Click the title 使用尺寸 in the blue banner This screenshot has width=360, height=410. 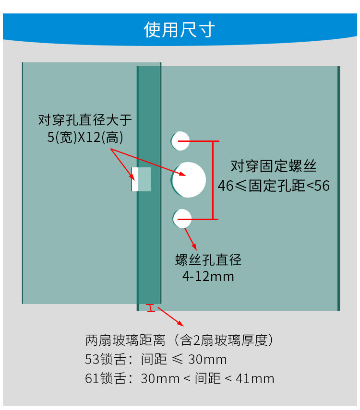[x=180, y=30]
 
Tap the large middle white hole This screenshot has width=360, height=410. [x=189, y=180]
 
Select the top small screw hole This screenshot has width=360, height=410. [x=180, y=141]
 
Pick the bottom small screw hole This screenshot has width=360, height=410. [x=182, y=219]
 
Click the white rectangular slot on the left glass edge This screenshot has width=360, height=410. [x=141, y=179]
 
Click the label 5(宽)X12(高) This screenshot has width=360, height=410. [x=85, y=138]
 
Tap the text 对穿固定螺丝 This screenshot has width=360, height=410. [x=274, y=166]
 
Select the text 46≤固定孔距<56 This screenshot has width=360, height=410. [x=274, y=186]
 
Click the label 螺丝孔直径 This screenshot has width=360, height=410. [x=208, y=260]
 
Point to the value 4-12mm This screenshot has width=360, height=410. [x=208, y=277]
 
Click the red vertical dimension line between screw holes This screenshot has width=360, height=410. [x=213, y=180]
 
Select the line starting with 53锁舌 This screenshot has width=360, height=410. [x=156, y=360]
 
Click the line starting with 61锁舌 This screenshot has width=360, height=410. [x=180, y=378]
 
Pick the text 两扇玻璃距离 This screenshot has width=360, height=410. [x=125, y=340]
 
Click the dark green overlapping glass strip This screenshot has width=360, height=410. [x=149, y=240]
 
